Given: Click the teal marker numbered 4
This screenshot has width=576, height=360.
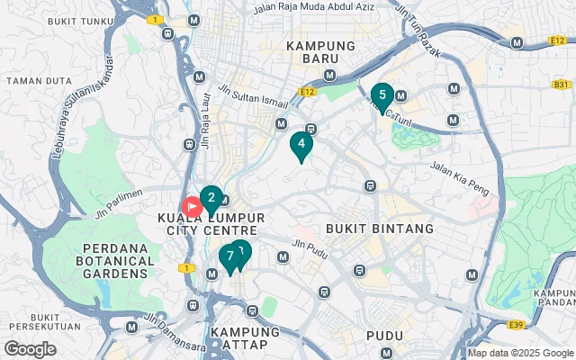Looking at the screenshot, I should [x=301, y=144].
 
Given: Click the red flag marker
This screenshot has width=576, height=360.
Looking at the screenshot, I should [x=192, y=206].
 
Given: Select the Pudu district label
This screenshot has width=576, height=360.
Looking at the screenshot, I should [x=384, y=336].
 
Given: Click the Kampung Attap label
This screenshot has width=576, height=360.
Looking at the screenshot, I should [x=246, y=339].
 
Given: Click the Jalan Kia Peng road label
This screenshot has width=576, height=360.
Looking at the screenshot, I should [x=457, y=167].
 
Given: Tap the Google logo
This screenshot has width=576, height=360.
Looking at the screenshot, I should [x=30, y=348].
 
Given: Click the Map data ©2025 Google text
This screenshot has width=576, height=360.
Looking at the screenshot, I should [x=519, y=353].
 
